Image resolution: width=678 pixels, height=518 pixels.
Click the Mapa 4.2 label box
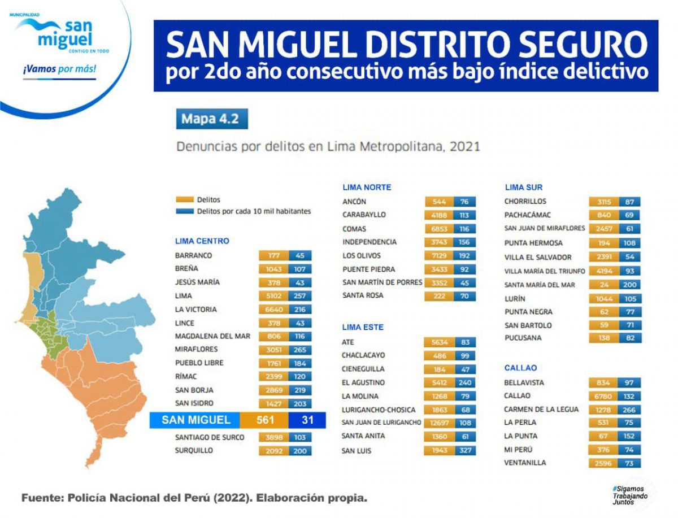211,119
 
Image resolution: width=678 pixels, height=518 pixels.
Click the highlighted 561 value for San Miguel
264,420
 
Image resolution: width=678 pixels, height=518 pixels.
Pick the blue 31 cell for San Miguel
307,420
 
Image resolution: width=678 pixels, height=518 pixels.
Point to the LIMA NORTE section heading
367,187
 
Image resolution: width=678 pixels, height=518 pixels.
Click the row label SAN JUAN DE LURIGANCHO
381,423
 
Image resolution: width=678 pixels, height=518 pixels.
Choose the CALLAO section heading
520,368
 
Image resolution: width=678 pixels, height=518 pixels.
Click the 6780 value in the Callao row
603,396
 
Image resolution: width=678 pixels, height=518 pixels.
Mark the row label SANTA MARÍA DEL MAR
540,285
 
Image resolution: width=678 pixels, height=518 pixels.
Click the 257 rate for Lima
299,296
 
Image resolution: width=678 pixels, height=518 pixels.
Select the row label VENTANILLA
525,463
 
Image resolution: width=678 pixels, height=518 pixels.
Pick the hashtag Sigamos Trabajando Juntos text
627,494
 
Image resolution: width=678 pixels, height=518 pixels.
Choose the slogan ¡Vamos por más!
59,69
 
